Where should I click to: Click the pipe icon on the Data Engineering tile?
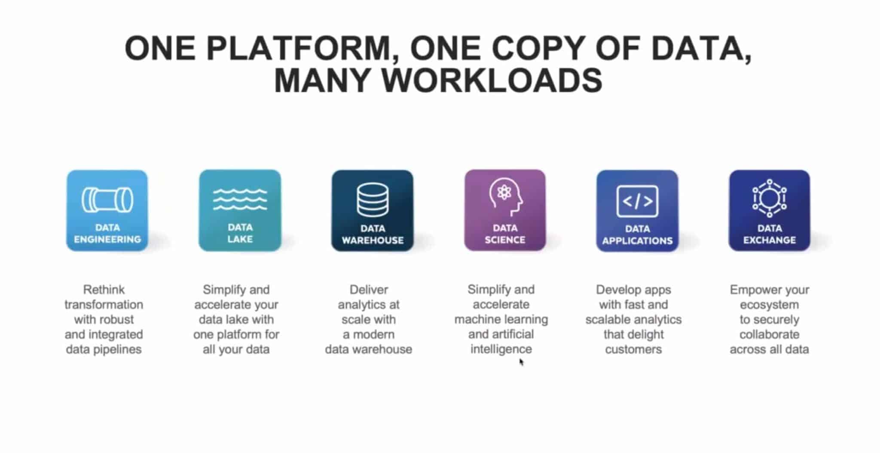coord(107,200)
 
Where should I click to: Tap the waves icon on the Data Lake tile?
coord(240,199)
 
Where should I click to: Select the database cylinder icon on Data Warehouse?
coord(373,200)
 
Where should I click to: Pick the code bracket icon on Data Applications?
coord(637,201)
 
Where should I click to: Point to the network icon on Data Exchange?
coord(770,198)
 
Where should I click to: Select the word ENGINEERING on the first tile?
coord(107,239)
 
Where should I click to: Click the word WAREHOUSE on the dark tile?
coord(373,240)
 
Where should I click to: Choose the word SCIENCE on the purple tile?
coord(505,240)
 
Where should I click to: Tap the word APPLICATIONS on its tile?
coord(637,240)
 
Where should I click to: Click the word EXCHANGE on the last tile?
coord(770,240)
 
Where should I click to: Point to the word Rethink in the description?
coord(104,289)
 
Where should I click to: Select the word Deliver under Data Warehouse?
coord(369,289)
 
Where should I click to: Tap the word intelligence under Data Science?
coord(501,349)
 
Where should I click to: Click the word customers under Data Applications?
coord(633,349)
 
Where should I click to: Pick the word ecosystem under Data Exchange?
coord(769,304)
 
